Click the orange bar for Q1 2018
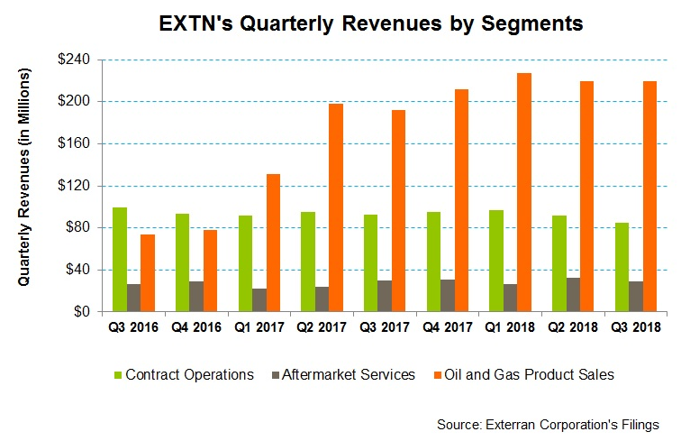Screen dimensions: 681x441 click(x=524, y=192)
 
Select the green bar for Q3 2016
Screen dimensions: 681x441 click(x=120, y=259)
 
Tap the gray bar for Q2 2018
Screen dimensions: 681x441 click(x=573, y=295)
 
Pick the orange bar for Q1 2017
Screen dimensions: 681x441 click(x=273, y=243)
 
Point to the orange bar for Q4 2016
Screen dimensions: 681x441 click(x=210, y=271)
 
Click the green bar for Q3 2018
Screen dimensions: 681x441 click(x=622, y=268)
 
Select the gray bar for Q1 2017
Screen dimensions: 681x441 click(x=259, y=300)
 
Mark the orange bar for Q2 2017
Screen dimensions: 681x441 click(x=336, y=207)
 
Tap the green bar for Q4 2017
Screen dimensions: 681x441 click(x=433, y=262)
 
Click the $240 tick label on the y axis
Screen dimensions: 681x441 click(x=74, y=60)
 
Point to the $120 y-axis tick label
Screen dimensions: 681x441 click(x=74, y=186)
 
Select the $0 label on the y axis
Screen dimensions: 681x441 click(x=82, y=311)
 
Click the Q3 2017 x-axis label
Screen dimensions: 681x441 click(x=384, y=327)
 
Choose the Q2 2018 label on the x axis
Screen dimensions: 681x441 click(x=572, y=327)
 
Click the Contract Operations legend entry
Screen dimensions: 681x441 click(x=184, y=374)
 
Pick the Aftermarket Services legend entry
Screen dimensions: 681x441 click(x=343, y=374)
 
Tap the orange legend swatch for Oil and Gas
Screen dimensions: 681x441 click(x=438, y=374)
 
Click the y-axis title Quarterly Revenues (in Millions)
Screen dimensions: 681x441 click(x=24, y=177)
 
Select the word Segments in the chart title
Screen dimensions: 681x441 click(x=532, y=24)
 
